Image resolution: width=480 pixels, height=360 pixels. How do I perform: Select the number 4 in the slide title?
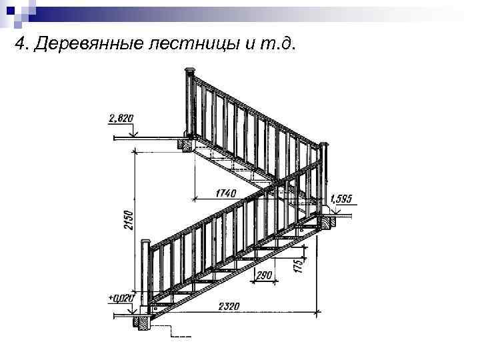point(20,45)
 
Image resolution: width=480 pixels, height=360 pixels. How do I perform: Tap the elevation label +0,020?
point(121,299)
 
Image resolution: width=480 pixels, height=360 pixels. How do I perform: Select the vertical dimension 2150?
point(129,220)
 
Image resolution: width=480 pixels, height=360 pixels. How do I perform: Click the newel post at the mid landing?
point(325,180)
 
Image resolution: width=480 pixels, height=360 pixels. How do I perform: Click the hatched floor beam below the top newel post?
point(183,143)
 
